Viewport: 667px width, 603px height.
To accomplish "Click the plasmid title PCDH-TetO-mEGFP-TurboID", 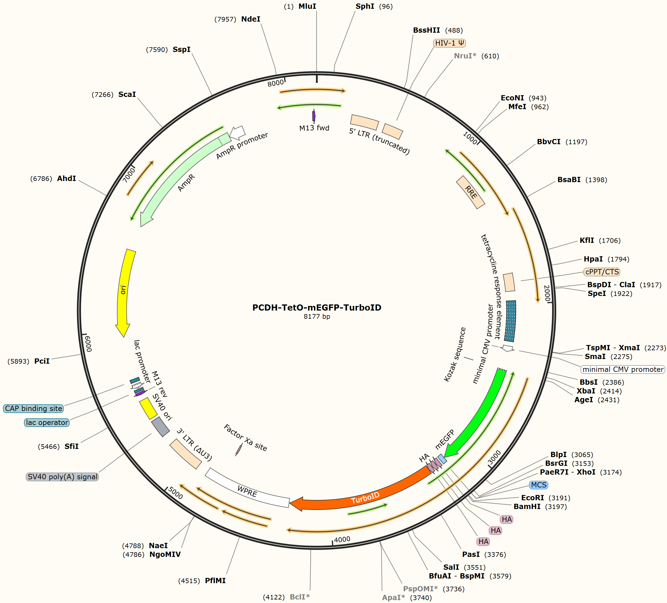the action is click(317, 307).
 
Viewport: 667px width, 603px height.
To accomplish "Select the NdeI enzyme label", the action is click(251, 19).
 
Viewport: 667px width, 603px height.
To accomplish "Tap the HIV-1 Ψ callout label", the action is click(450, 43).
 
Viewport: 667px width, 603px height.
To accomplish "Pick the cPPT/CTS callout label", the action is click(602, 272).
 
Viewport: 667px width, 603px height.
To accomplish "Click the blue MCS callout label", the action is click(539, 485).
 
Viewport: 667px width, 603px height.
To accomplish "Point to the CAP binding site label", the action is click(33, 408).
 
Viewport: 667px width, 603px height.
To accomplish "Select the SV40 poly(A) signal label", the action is click(62, 477).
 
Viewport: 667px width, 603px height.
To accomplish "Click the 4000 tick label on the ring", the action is click(342, 540).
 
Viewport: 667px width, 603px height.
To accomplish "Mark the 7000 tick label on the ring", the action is click(129, 175).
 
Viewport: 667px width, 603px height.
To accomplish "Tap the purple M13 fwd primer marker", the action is click(314, 116).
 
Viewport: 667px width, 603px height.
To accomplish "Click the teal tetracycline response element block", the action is click(510, 321).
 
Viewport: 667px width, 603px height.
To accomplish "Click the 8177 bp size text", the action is click(317, 317).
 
